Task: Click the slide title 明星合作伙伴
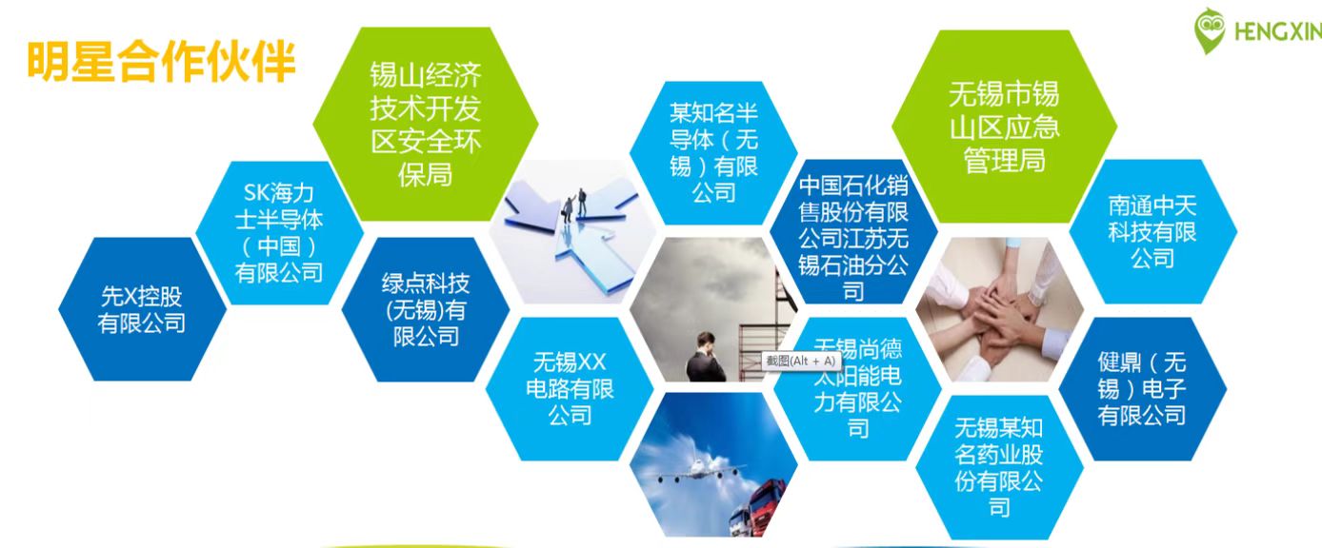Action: click(161, 61)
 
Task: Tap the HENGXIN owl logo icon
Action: click(1210, 30)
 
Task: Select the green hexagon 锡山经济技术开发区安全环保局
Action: click(426, 124)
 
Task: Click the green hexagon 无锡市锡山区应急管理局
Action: click(1005, 127)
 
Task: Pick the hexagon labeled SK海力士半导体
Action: click(279, 233)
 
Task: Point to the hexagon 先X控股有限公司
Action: click(142, 309)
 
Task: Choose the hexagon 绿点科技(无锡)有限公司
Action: click(426, 309)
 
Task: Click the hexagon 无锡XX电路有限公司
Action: click(570, 389)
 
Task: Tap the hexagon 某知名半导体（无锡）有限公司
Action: click(713, 152)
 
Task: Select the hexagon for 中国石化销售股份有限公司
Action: click(853, 231)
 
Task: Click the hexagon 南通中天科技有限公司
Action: click(1152, 231)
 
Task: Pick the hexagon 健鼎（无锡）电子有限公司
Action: click(1143, 389)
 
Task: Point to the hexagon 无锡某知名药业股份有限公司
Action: click(999, 467)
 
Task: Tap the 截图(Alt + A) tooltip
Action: click(801, 361)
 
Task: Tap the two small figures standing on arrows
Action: click(575, 204)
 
